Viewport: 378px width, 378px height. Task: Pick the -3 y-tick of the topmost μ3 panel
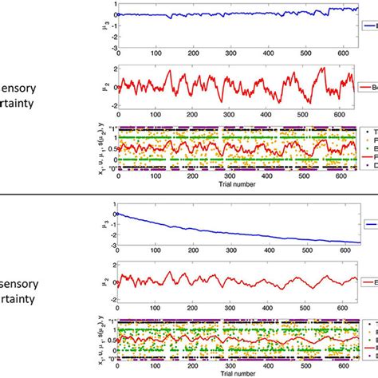tap(112, 47)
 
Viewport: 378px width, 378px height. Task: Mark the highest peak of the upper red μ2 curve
tap(323, 69)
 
